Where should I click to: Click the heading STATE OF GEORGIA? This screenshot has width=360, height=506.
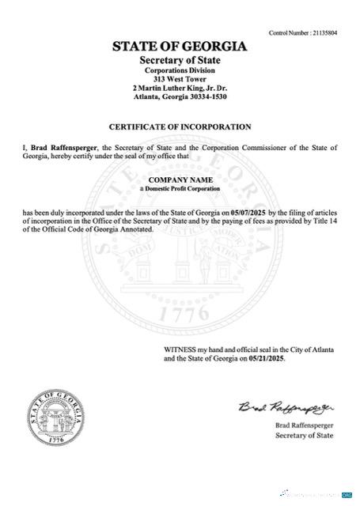[180, 47]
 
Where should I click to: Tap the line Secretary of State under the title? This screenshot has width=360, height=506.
[180, 61]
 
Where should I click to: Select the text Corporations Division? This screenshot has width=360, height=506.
[180, 71]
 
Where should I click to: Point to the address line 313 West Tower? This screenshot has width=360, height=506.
[180, 80]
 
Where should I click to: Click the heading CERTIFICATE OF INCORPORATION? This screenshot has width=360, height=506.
[180, 126]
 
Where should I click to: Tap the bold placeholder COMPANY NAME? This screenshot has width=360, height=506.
[180, 181]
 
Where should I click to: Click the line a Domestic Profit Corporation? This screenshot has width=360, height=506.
[180, 191]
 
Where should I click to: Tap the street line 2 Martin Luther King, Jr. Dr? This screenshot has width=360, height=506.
[180, 89]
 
